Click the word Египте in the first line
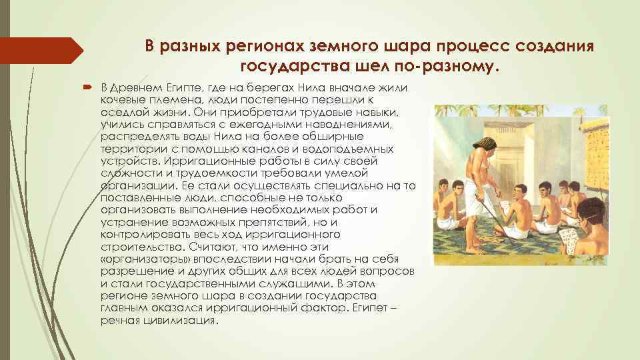[x=165, y=89]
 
